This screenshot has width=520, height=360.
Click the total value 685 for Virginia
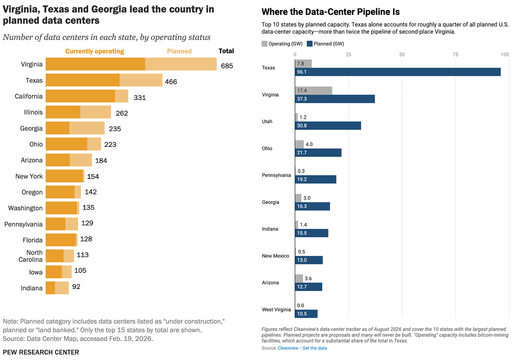click(x=227, y=66)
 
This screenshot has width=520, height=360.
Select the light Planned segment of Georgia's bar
click(x=87, y=128)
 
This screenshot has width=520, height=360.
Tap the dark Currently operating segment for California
click(x=80, y=96)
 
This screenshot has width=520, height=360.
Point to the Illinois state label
click(x=33, y=112)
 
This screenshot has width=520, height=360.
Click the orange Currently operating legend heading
click(x=95, y=51)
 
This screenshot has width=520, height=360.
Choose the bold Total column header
click(x=226, y=51)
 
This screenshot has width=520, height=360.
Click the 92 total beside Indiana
click(x=76, y=287)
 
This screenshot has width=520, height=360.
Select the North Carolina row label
click(x=31, y=256)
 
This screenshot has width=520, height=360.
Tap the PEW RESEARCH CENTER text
click(x=41, y=352)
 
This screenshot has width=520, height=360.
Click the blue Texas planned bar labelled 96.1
click(x=397, y=72)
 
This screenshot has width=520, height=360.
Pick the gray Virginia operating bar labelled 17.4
click(x=314, y=90)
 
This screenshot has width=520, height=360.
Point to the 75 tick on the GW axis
click(x=455, y=55)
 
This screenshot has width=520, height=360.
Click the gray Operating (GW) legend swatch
click(x=264, y=44)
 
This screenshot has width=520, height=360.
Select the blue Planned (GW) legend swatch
click(x=309, y=44)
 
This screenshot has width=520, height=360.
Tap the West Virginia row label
click(x=276, y=310)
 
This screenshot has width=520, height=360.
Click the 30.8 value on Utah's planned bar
click(x=302, y=126)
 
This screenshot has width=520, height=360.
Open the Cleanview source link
click(x=288, y=348)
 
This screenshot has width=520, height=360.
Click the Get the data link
click(x=314, y=348)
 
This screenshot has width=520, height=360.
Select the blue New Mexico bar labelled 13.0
click(x=309, y=260)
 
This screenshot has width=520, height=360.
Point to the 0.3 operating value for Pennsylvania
click(x=301, y=171)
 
